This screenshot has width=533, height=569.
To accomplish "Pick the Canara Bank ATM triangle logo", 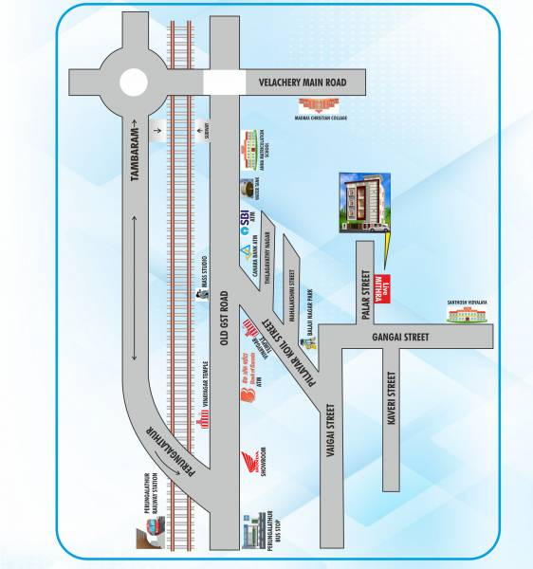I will click(246, 251).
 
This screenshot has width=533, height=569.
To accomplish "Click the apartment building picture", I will click(364, 202).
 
